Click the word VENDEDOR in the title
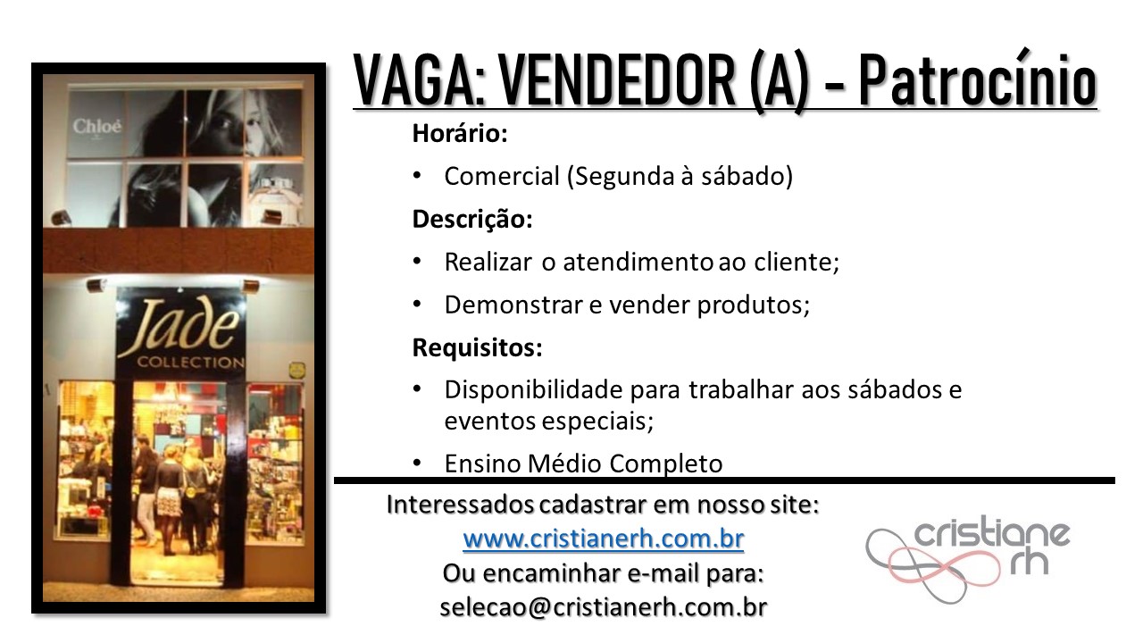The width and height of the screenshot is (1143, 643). pyautogui.click(x=617, y=80)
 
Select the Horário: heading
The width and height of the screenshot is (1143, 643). pyautogui.click(x=460, y=133)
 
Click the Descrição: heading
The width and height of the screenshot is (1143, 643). pyautogui.click(x=472, y=220)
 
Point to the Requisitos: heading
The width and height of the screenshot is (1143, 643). pyautogui.click(x=477, y=347)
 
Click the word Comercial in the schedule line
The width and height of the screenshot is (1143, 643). pyautogui.click(x=502, y=177)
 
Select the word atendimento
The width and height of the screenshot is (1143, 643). pyautogui.click(x=638, y=263)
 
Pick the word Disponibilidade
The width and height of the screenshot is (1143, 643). pyautogui.click(x=534, y=390)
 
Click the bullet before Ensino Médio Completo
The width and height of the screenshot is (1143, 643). pyautogui.click(x=417, y=463)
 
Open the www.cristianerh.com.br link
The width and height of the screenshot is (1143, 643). pyautogui.click(x=603, y=539)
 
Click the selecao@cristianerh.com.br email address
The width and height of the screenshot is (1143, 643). pyautogui.click(x=603, y=607)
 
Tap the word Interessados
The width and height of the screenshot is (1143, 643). pyautogui.click(x=460, y=505)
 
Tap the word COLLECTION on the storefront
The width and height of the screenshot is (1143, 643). pyautogui.click(x=191, y=363)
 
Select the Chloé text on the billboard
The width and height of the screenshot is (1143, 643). pyautogui.click(x=97, y=126)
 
